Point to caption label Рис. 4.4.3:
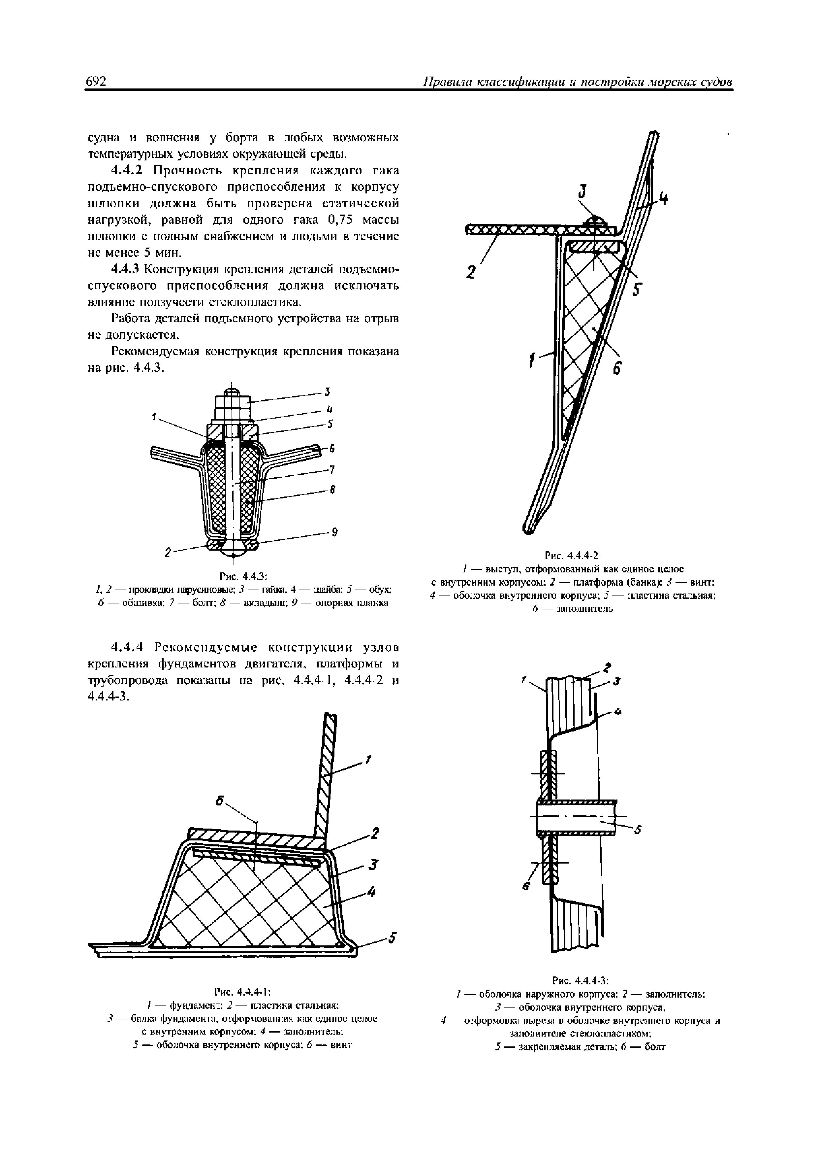[x=243, y=575]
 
